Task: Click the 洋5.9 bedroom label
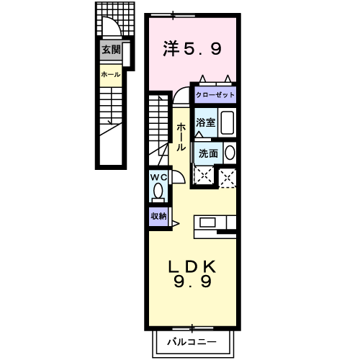coord(191,49)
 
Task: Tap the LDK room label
coord(192,266)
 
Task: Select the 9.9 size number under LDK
coord(192,283)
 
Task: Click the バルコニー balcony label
coord(192,341)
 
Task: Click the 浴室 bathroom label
coord(206,122)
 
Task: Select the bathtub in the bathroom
coord(227,123)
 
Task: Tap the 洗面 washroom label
coord(208,153)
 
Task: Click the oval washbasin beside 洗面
coord(230,153)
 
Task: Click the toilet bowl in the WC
coord(158,193)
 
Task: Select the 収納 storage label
coord(158,215)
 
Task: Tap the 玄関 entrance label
coord(111,50)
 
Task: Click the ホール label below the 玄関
coord(110,74)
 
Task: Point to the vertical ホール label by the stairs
coord(181,136)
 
